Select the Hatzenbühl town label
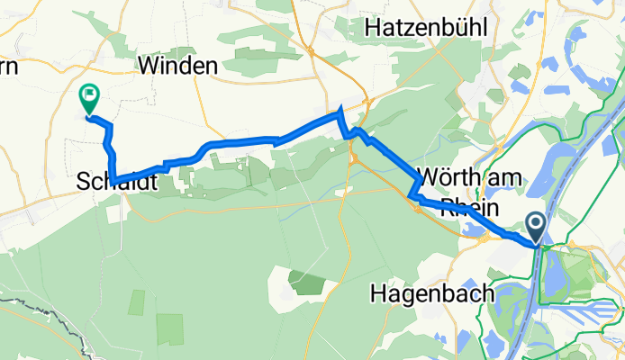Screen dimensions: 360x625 [x=425, y=29]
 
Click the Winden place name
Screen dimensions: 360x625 [x=177, y=66]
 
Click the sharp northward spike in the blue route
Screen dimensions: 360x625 [x=340, y=112]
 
